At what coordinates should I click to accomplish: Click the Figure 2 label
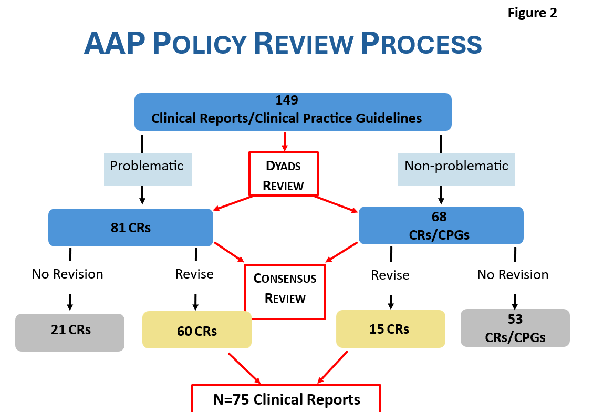pos(532,13)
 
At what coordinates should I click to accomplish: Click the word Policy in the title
pos(200,43)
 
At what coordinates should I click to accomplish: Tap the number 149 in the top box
pos(287,100)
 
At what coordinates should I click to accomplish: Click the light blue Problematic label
pos(148,169)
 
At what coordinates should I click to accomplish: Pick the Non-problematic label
pos(456,169)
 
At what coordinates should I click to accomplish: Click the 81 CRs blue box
pos(131,228)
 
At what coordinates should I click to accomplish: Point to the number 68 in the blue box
pos(439,217)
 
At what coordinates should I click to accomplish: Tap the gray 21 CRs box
pos(70,332)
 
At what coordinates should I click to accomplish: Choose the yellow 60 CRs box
pos(196,329)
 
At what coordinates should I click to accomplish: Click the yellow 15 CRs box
pos(391,329)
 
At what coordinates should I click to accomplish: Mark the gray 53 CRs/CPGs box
pos(515,328)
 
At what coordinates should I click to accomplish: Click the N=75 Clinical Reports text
pos(287,399)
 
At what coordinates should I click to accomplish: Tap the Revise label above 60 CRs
pos(194,274)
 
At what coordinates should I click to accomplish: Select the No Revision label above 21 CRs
pos(67,274)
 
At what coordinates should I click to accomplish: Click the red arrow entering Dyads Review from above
pos(284,142)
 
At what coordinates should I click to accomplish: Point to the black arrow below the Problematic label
pos(142,195)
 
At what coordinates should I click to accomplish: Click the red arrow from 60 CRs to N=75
pos(244,368)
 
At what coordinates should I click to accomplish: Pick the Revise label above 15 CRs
pos(390,275)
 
